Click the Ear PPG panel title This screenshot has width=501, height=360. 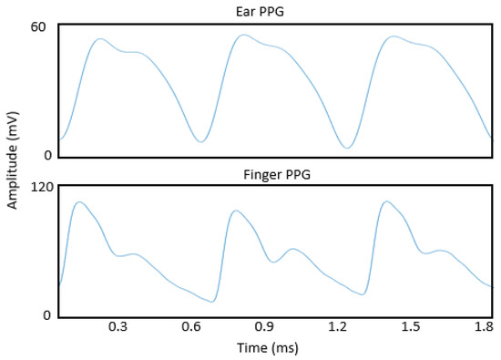coord(275,11)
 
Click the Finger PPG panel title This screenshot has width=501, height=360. coord(275,172)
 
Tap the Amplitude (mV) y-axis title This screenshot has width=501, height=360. coord(12,164)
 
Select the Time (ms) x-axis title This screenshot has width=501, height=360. coord(274,347)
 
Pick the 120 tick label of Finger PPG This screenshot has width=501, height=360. coord(39,186)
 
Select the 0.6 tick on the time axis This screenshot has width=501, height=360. coord(190,326)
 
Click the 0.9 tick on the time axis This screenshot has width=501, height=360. coord(264,326)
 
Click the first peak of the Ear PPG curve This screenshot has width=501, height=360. coord(100,39)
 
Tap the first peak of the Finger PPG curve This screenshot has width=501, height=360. coord(79,202)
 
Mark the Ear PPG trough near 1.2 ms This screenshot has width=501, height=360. coord(346,148)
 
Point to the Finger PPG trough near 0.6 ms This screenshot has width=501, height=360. coord(212,301)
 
